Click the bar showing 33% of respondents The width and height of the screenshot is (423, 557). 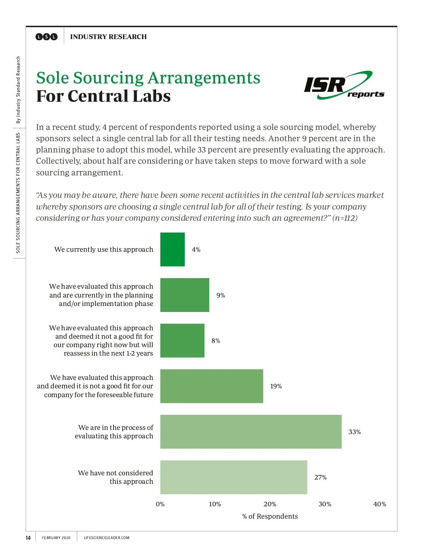251,432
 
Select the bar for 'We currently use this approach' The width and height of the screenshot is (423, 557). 172,249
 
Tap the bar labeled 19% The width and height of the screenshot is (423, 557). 211,386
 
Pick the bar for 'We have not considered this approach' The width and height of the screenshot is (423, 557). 233,477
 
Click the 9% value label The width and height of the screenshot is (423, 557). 221,295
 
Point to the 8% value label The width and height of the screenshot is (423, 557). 216,341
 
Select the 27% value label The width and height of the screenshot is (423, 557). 320,477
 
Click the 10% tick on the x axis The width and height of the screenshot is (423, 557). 215,504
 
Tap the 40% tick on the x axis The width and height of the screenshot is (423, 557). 380,504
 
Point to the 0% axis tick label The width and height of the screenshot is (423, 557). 160,504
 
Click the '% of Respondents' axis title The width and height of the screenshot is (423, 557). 270,516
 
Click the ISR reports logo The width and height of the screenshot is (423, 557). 344,85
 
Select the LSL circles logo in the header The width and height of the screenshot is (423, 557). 46,37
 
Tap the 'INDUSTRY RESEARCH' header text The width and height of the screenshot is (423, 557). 108,37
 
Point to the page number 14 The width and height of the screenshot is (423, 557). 28,538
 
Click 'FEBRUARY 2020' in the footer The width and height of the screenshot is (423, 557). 56,538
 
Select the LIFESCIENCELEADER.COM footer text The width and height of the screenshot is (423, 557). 106,538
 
